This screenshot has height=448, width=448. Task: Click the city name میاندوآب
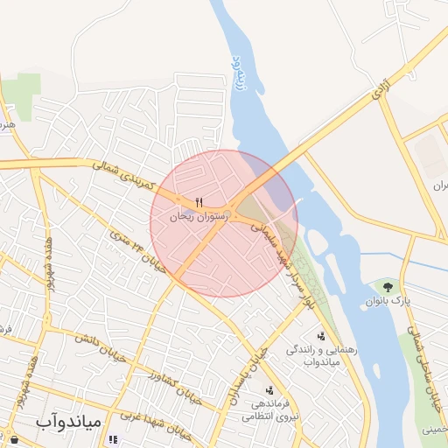click(69, 421)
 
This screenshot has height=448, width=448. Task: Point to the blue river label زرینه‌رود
click(236, 70)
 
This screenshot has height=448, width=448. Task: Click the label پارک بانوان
click(388, 301)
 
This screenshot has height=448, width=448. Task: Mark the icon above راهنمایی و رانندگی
click(322, 335)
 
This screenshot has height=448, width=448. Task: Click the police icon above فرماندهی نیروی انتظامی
click(269, 390)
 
